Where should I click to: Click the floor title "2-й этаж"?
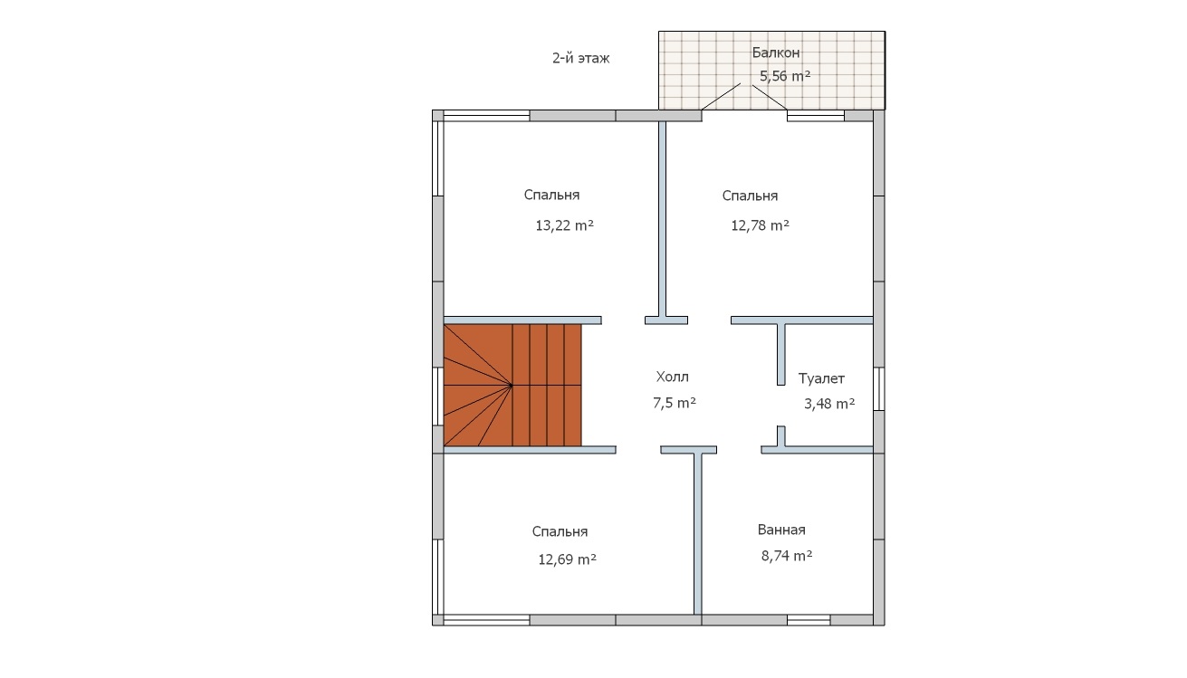pos(580,58)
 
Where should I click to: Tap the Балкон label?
pos(776,53)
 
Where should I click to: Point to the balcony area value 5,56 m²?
pos(785,76)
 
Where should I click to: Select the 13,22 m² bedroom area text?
pos(564,225)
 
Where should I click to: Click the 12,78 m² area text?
pos(761,225)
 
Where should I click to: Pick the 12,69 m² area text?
pos(568,559)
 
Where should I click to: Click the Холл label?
pos(673,377)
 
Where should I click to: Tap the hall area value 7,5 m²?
pos(675,403)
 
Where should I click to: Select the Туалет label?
pos(821,378)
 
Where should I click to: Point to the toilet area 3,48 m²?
pos(829,404)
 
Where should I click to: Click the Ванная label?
pos(781,530)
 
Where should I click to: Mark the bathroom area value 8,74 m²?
pos(787,556)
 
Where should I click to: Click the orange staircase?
pos(512,385)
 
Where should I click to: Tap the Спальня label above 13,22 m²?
pos(551,195)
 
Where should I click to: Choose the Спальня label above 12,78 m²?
pos(750,196)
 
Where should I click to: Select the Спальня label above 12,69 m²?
pos(560,531)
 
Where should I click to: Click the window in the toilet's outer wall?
pos(878,389)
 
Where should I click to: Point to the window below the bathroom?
pos(809,620)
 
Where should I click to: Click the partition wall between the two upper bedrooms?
pos(662,219)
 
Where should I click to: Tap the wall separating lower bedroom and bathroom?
pos(698,534)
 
